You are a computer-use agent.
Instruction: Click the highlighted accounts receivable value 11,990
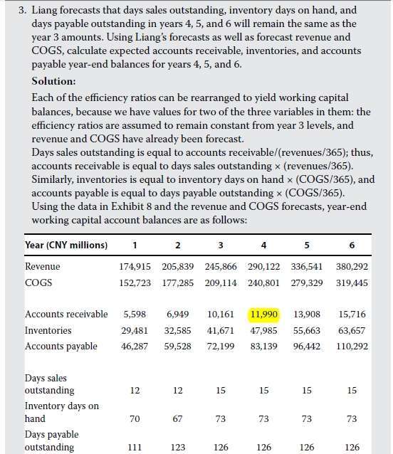(x=264, y=314)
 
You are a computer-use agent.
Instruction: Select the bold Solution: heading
(x=53, y=81)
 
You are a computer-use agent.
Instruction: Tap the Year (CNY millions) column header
(x=66, y=246)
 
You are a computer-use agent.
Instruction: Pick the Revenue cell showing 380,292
(x=352, y=266)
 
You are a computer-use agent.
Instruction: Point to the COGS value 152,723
(x=135, y=283)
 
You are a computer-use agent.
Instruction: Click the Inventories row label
(x=48, y=330)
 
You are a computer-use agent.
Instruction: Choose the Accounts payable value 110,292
(x=352, y=347)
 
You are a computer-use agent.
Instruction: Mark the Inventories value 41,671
(x=221, y=330)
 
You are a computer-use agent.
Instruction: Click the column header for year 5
(x=307, y=246)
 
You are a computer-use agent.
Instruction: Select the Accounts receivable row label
(x=66, y=314)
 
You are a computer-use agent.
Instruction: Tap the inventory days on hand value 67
(x=177, y=418)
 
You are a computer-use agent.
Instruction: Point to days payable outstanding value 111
(x=135, y=447)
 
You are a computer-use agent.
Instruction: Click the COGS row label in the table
(x=38, y=283)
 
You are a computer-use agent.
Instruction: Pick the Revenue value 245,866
(x=221, y=266)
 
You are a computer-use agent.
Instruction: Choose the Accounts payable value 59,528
(x=177, y=347)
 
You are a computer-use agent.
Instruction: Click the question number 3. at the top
(x=23, y=11)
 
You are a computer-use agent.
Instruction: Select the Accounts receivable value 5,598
(x=135, y=314)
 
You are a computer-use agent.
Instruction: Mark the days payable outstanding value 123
(x=177, y=447)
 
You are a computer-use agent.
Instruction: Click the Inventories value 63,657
(x=352, y=330)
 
